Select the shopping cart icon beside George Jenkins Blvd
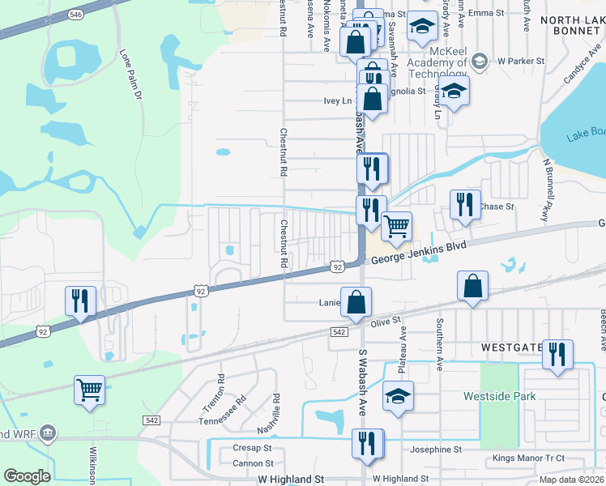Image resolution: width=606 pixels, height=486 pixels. (x=396, y=227)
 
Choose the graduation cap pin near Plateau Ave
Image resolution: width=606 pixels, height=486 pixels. (x=398, y=397)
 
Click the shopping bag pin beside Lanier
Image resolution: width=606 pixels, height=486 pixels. (x=356, y=303)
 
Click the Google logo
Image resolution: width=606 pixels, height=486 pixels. (x=27, y=476)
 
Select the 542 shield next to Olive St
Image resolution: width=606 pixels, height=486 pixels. (x=339, y=332)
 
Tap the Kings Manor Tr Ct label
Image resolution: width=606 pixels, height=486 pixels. (x=529, y=459)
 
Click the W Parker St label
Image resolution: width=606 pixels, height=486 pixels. (x=519, y=61)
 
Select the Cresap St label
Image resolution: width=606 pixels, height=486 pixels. (x=252, y=448)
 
